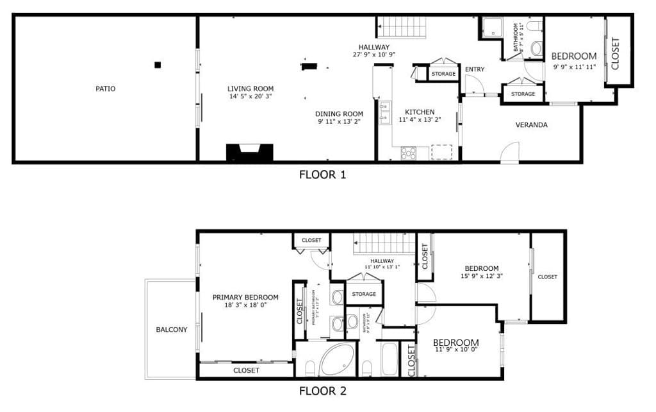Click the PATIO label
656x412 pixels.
tap(105, 89)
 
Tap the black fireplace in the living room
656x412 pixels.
tap(250, 153)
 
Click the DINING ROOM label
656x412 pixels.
tap(340, 114)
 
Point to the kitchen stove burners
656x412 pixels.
tap(408, 153)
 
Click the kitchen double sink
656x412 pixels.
tap(384, 113)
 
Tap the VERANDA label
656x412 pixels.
tap(531, 125)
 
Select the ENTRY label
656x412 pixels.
tap(474, 69)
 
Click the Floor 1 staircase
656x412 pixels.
tap(404, 28)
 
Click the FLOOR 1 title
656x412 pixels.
tap(322, 174)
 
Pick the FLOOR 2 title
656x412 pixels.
tap(322, 390)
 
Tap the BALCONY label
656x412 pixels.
tap(172, 330)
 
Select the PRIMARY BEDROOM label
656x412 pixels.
tap(245, 297)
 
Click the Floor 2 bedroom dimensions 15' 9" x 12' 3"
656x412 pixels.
tap(481, 277)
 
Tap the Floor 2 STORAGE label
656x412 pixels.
tap(364, 294)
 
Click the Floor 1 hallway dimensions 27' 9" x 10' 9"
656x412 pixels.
tap(373, 55)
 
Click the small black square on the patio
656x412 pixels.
tap(158, 64)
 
